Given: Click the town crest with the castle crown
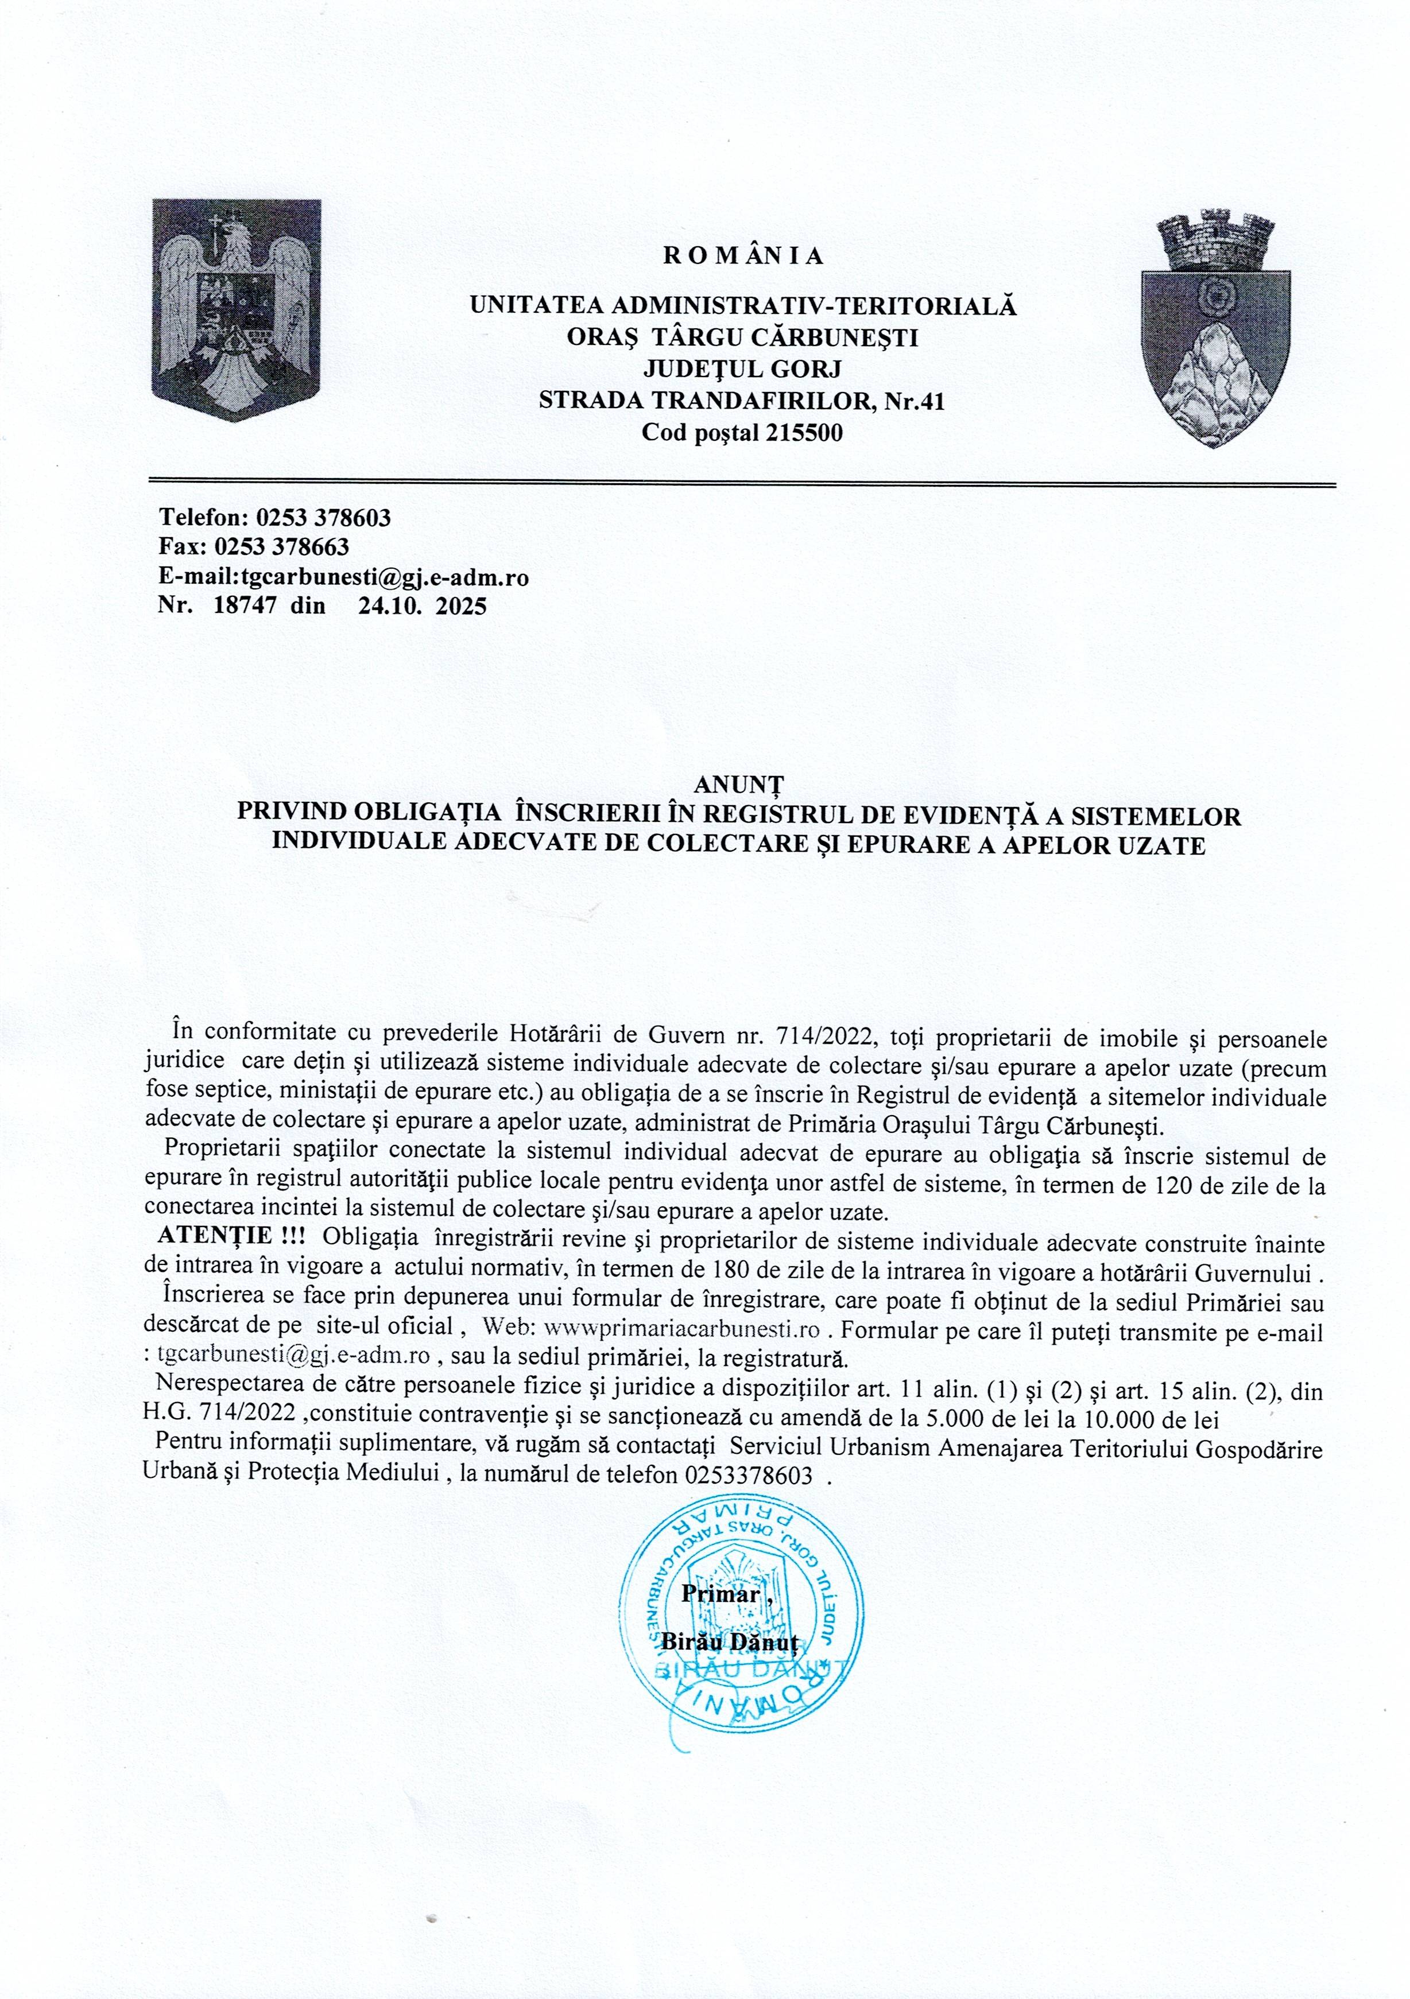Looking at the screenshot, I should (1216, 328).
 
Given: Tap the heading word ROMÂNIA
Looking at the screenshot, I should (743, 256).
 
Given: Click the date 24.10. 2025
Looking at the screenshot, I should (423, 606).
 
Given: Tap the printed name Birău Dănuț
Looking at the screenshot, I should (730, 1642).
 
